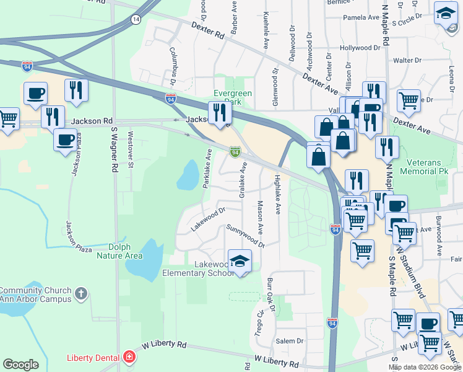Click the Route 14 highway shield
pyautogui.click(x=136, y=20)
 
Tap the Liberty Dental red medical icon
pyautogui.click(x=129, y=358)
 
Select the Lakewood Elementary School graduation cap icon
pyautogui.click(x=240, y=262)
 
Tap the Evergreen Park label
pyautogui.click(x=232, y=97)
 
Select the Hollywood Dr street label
pyautogui.click(x=360, y=48)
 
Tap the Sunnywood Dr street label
pyautogui.click(x=245, y=236)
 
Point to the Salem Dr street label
pyautogui.click(x=290, y=341)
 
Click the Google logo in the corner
pyautogui.click(x=20, y=365)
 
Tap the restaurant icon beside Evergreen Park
pyautogui.click(x=220, y=112)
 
